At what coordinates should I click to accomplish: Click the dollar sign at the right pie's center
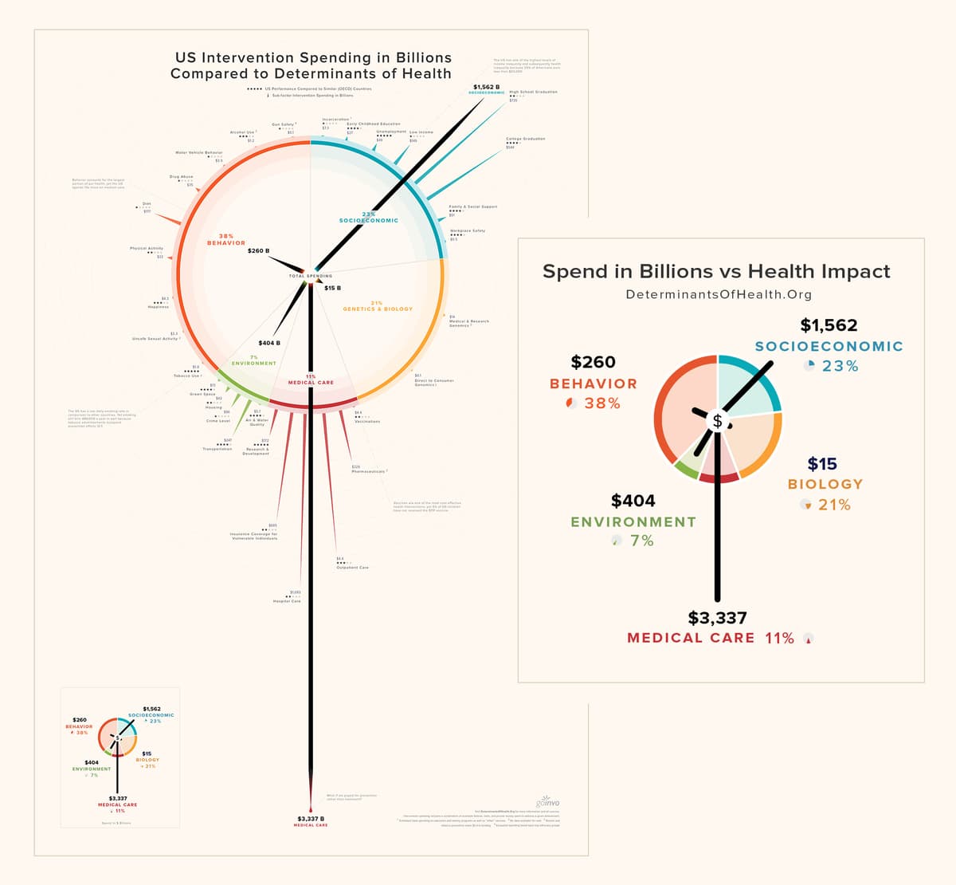point(717,421)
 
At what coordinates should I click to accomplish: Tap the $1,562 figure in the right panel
point(829,325)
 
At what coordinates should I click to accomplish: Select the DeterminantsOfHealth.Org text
point(719,294)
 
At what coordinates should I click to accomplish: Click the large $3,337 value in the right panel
point(717,618)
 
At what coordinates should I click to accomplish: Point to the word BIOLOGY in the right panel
point(825,484)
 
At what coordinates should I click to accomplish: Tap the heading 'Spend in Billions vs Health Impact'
point(716,271)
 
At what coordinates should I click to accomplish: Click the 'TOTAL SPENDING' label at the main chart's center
point(311,276)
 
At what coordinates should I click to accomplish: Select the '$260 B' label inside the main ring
point(258,251)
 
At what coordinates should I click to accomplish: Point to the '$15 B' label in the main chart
point(332,288)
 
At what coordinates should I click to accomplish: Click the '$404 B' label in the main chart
point(269,343)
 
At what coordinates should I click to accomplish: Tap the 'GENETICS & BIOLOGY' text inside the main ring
point(378,309)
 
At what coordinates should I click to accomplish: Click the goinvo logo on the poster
point(549,801)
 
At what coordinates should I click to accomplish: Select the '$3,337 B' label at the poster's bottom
point(311,819)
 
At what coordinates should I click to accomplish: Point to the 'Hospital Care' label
point(287,601)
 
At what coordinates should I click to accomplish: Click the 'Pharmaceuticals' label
point(368,471)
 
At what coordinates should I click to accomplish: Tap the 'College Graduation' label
point(526,139)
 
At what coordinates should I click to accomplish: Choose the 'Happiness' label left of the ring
point(158,307)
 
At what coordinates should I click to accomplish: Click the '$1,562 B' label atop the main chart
point(486,87)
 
